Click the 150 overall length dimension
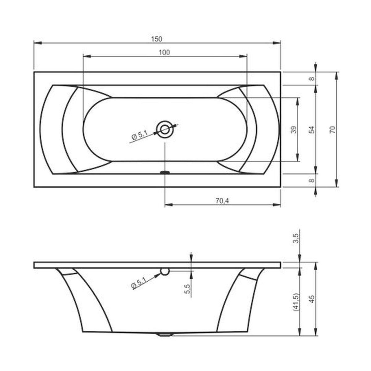[156, 39]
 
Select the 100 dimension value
[164, 52]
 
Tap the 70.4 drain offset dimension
[222, 201]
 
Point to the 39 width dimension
[294, 130]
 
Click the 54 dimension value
[312, 130]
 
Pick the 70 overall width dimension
[333, 130]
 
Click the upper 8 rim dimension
[312, 79]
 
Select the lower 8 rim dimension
[312, 180]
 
